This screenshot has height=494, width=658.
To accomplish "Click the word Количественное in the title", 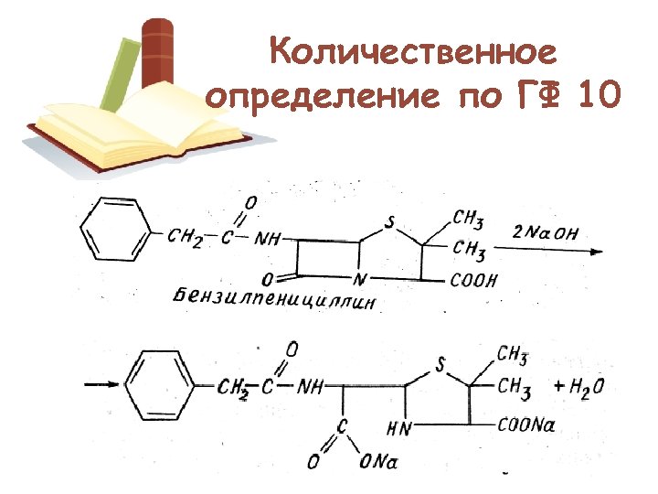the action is click(x=413, y=52).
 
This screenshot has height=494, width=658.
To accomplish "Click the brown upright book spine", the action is click(x=157, y=55).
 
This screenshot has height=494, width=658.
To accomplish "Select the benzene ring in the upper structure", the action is click(x=114, y=231).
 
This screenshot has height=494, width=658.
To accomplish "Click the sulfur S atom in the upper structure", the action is click(x=390, y=221).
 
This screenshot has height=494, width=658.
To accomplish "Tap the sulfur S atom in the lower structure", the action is click(x=440, y=365).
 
